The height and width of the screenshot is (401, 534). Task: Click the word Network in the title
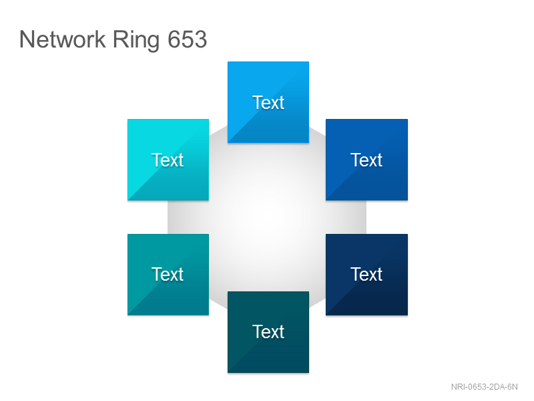(x=62, y=39)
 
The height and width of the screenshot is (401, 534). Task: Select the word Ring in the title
(x=136, y=41)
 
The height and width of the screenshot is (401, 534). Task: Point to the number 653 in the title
(x=188, y=39)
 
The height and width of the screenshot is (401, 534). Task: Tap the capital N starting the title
(x=27, y=39)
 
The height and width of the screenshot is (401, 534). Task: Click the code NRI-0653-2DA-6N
(x=485, y=387)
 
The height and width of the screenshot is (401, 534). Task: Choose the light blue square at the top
(x=268, y=102)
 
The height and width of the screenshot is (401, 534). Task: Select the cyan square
(x=168, y=160)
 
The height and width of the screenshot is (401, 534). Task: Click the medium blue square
(x=366, y=160)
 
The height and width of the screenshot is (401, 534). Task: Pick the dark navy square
(x=366, y=275)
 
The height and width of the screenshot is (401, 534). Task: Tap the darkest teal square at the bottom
(x=268, y=332)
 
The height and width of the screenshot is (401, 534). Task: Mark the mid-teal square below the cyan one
(x=168, y=275)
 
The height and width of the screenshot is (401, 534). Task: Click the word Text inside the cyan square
(x=168, y=160)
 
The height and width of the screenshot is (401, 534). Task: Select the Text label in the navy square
(x=366, y=274)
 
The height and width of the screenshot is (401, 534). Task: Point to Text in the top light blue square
(x=268, y=103)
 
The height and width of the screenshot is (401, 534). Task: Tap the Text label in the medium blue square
(x=366, y=160)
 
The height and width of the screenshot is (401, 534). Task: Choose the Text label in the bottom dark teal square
(x=268, y=331)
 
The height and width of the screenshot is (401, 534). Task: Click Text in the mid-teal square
(x=168, y=274)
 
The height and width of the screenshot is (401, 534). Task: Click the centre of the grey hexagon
(x=267, y=217)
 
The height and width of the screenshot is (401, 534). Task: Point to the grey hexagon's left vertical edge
(x=168, y=217)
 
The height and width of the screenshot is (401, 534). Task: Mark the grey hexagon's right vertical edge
(x=366, y=217)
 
